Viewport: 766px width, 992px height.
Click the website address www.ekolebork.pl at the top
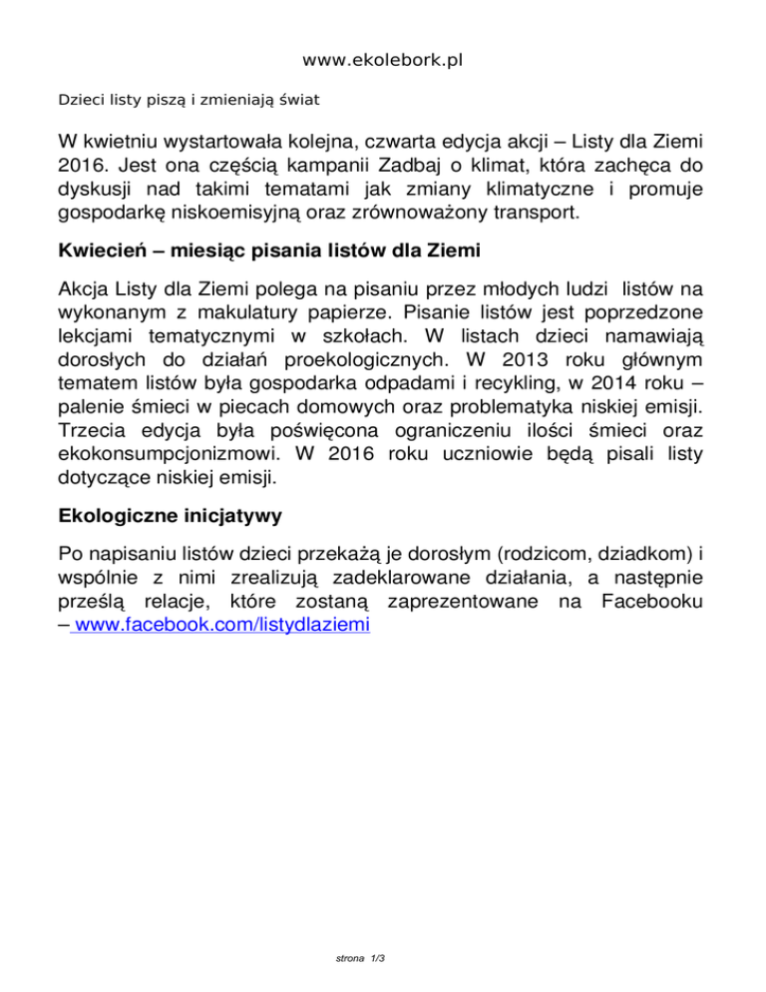(384, 61)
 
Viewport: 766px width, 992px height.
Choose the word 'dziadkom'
(641, 557)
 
